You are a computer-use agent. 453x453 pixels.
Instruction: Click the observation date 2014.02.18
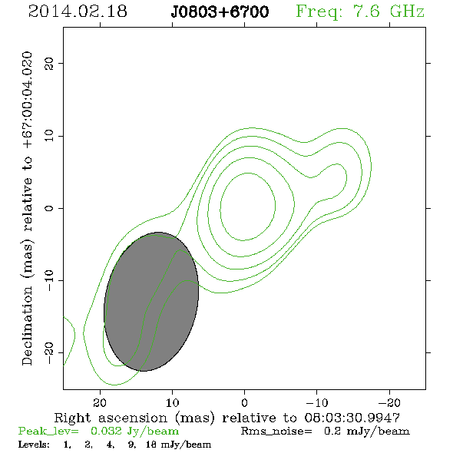[x=78, y=12]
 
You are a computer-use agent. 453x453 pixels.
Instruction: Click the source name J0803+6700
[x=220, y=12]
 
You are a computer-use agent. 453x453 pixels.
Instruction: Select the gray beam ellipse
[x=151, y=302]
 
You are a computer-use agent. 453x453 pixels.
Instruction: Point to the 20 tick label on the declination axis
[x=49, y=64]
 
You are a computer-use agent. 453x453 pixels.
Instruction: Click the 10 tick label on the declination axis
[x=49, y=136]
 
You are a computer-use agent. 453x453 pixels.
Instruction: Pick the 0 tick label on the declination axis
[x=49, y=208]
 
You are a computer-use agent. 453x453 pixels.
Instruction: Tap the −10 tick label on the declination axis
[x=49, y=280]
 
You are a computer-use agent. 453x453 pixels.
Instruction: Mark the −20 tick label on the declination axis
[x=49, y=352]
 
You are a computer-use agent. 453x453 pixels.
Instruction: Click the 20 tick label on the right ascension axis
[x=100, y=402]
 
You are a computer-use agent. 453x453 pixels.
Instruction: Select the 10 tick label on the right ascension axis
[x=172, y=402]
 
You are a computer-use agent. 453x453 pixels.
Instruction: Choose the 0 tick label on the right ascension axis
[x=244, y=402]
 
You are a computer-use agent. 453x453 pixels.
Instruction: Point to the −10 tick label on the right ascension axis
[x=317, y=402]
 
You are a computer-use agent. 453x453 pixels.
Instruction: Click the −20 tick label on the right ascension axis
[x=389, y=402]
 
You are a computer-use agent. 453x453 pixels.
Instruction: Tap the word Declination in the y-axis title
[x=27, y=326]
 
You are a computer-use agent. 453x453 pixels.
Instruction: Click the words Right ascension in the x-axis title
[x=111, y=418]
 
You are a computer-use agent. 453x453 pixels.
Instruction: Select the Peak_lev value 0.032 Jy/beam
[x=134, y=432]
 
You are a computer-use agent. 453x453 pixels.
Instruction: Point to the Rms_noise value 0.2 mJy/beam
[x=366, y=432]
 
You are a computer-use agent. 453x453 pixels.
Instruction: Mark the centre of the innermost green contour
[x=247, y=207]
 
